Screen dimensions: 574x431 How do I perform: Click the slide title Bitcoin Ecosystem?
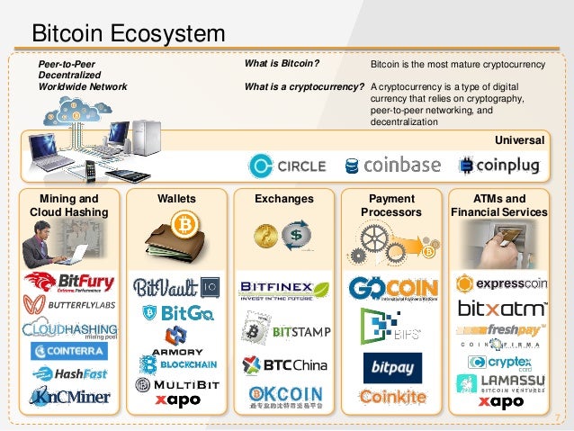[x=129, y=35]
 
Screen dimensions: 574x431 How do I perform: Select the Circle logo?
[x=288, y=166]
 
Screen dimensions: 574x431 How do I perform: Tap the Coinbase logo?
[x=392, y=166]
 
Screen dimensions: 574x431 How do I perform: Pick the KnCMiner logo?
[x=69, y=396]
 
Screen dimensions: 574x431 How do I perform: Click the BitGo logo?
[x=176, y=314]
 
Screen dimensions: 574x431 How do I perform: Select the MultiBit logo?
[x=175, y=384]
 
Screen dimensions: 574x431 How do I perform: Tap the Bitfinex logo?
[x=283, y=291]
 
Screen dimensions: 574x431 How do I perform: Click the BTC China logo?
[x=283, y=364]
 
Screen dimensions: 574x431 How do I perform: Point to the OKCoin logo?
[x=283, y=397]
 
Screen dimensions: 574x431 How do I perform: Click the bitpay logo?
[x=391, y=368]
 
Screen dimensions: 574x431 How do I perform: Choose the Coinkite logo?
[x=391, y=398]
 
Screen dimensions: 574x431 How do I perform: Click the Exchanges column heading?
[x=283, y=198]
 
